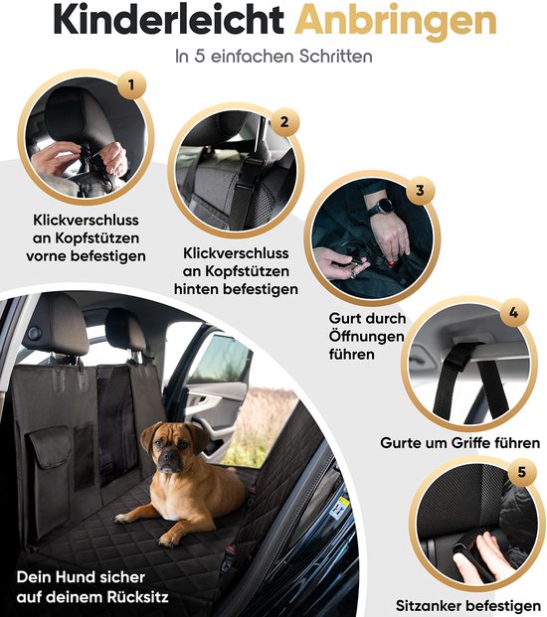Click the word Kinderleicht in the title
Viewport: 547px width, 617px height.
[x=135, y=22]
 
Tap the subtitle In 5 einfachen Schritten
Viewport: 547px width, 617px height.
[x=273, y=57]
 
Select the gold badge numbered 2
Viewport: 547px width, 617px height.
[x=284, y=123]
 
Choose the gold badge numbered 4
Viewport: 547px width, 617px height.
[x=512, y=315]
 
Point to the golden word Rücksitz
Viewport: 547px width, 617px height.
[x=127, y=598]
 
